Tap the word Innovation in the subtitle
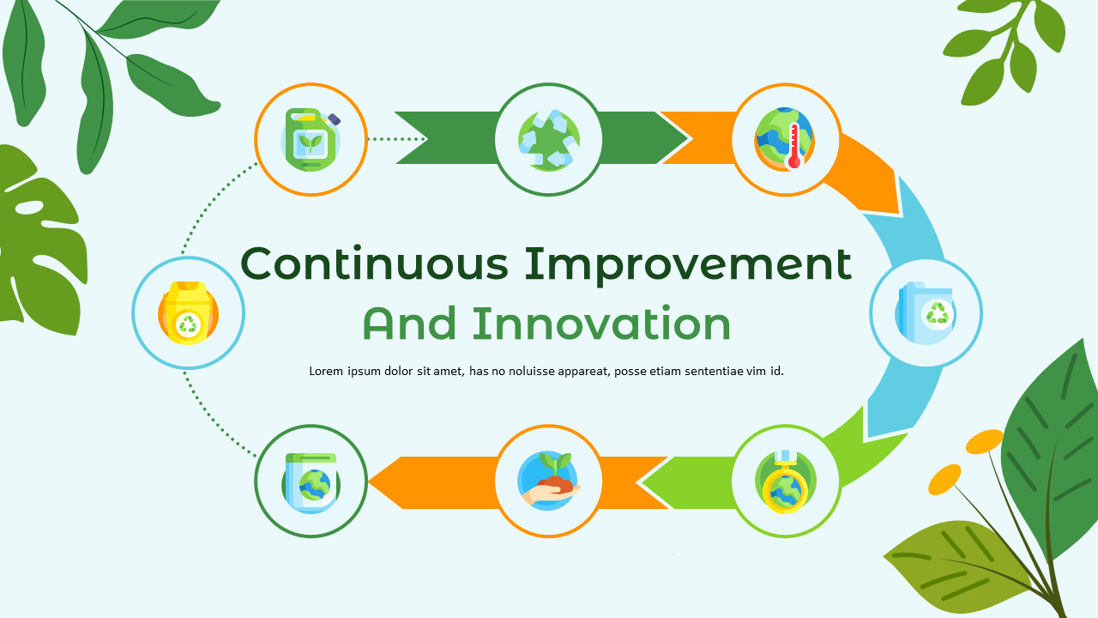[x=601, y=324]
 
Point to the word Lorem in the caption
[x=326, y=372]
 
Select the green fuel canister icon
[x=311, y=139]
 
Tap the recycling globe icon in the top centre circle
[x=548, y=139]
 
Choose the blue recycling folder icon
[x=926, y=312]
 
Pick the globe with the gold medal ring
[x=785, y=482]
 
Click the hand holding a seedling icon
[x=548, y=482]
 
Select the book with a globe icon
[x=311, y=482]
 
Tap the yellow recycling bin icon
[x=188, y=312]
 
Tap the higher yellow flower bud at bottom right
[x=984, y=441]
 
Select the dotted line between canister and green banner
[x=395, y=138]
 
